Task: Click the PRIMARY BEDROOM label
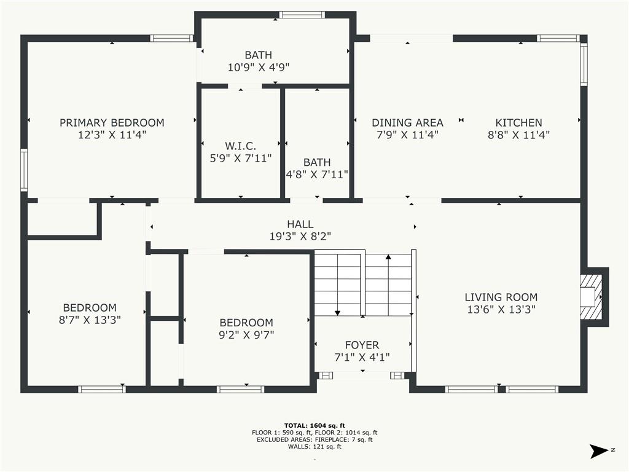coord(112,122)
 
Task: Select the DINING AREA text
coord(407,122)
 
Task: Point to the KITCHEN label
coord(518,122)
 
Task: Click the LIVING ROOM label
coord(501,297)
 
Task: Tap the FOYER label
coord(362,345)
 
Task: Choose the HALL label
coord(300,224)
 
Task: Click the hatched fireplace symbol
coord(591,297)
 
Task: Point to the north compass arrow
coord(599,450)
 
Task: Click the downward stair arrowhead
coord(337,313)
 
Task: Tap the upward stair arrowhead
coord(388,257)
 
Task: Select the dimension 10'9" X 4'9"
coord(259,67)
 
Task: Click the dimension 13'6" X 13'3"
coord(501,310)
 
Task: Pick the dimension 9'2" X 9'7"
coord(246,334)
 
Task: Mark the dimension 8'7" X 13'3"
coord(90,320)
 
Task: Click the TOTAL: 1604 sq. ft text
coord(314,425)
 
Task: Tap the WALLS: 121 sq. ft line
coord(314,446)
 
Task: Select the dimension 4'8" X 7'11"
coord(317,174)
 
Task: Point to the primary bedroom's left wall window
coord(24,170)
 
